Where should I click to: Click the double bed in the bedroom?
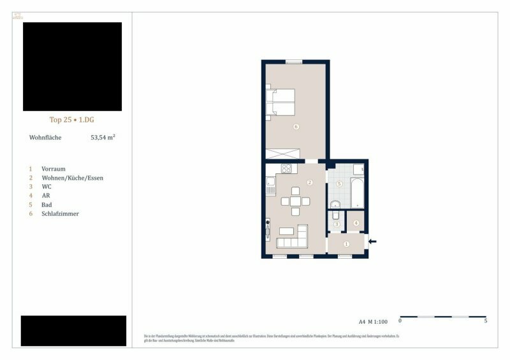point(282,103)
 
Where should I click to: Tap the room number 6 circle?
point(296,127)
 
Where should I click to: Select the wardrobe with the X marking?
point(283,153)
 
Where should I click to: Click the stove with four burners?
point(286,169)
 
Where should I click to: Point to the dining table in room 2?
point(295,201)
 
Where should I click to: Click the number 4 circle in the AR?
point(356,223)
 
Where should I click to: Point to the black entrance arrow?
point(373,241)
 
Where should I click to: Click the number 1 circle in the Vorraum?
point(346,244)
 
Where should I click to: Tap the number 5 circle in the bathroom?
point(339,184)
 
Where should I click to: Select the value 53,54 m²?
point(103,137)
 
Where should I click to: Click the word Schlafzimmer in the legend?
point(60,213)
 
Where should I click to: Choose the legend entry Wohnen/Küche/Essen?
point(72,178)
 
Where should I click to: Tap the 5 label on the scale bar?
point(486,321)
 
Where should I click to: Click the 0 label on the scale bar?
point(400,321)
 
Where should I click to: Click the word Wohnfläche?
point(45,137)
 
